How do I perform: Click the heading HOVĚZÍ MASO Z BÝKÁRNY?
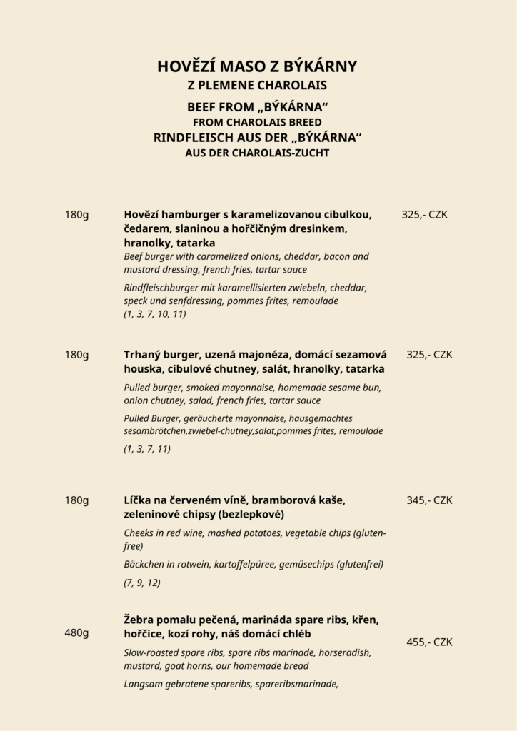click(257, 67)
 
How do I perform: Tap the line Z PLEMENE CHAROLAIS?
click(257, 86)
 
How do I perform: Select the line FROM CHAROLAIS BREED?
click(257, 122)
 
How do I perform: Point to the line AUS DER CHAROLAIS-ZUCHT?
click(257, 153)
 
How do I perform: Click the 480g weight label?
click(76, 632)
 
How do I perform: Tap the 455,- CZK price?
click(429, 642)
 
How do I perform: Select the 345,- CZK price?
click(429, 500)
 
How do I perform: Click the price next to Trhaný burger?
click(429, 355)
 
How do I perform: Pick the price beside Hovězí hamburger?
click(424, 214)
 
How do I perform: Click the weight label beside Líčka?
click(76, 500)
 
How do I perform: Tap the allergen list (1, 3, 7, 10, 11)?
click(155, 314)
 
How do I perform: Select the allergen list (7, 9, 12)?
click(142, 583)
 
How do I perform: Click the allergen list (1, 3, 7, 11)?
click(147, 449)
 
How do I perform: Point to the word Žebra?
click(140, 620)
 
